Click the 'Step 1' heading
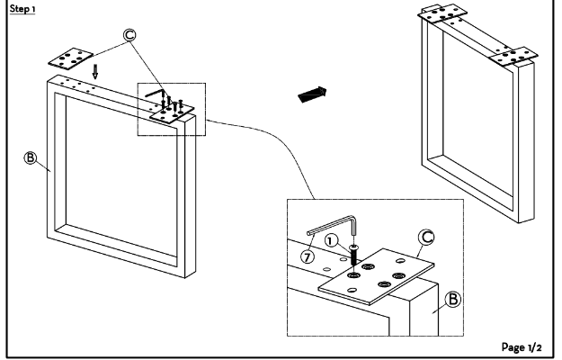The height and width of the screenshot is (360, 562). (x=22, y=9)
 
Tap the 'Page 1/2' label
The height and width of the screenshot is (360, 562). (x=522, y=347)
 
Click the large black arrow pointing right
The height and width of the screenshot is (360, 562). (x=312, y=94)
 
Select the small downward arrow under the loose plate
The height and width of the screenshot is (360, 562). (x=95, y=71)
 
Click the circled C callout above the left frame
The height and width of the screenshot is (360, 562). (x=129, y=35)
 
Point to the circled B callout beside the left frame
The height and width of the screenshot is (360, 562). (x=31, y=157)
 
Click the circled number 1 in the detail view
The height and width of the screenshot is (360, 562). (x=331, y=240)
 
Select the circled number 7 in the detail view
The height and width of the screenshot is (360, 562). (x=308, y=256)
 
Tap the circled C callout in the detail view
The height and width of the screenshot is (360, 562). (x=426, y=238)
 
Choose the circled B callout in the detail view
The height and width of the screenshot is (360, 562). (x=452, y=299)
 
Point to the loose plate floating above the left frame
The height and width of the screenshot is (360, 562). (x=71, y=58)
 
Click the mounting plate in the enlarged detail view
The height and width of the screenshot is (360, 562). (x=377, y=276)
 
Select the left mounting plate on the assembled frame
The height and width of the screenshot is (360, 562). (x=442, y=13)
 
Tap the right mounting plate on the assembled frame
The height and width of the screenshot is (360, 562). (x=513, y=57)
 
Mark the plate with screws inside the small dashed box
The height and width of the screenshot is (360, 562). (x=172, y=114)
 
